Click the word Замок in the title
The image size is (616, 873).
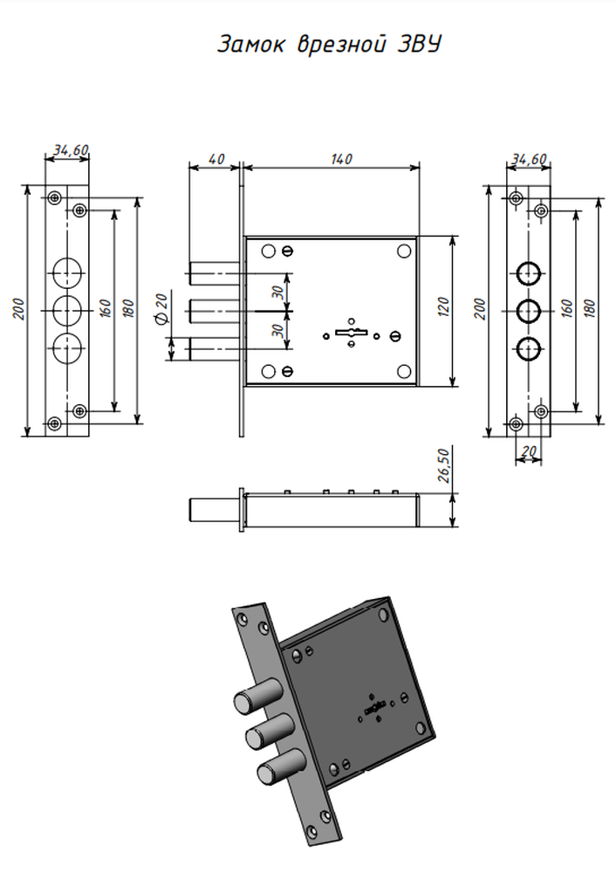tap(250, 45)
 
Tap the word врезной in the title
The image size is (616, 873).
tap(341, 45)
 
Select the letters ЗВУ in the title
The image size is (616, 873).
tap(420, 44)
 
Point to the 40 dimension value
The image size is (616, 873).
tap(216, 159)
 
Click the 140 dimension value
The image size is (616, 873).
tap(341, 159)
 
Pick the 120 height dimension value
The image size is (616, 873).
tap(443, 307)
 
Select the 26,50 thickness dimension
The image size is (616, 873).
tap(443, 465)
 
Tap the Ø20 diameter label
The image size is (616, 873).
tap(162, 310)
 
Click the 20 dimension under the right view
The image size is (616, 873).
tap(529, 451)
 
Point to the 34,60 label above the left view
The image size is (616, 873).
tap(71, 150)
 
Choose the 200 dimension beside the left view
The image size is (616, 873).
tap(19, 309)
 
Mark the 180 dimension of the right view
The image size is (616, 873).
tap(591, 308)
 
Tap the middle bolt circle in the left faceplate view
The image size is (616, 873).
tap(67, 310)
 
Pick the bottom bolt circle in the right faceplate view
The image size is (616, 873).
tap(529, 349)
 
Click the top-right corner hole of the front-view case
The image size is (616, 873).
tap(404, 251)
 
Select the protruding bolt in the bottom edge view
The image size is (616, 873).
tap(215, 510)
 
